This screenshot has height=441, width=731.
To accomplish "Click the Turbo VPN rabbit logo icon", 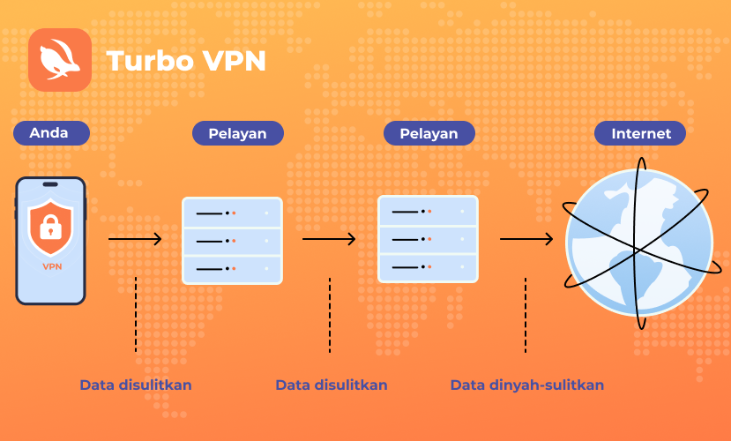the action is [x=60, y=60].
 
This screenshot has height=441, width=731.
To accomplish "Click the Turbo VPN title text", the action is [x=186, y=61].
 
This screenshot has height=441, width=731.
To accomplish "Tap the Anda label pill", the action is [x=51, y=133].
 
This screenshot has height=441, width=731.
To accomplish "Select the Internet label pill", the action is [x=640, y=133].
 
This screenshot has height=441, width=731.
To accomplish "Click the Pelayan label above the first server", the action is [x=238, y=133].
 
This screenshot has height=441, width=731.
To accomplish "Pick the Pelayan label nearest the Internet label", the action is [x=429, y=133].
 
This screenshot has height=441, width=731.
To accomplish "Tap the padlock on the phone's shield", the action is [x=51, y=228].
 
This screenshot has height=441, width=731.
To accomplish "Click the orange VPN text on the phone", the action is [x=52, y=266].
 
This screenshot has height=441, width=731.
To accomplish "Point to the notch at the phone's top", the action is [x=50, y=184].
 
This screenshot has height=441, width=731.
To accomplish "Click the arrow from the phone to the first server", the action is [x=135, y=239].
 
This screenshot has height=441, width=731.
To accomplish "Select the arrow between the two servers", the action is [x=329, y=239].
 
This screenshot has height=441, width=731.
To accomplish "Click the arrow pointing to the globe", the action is [x=526, y=239].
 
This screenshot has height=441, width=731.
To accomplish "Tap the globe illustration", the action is [x=639, y=243].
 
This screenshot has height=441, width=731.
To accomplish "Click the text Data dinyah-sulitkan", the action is [x=527, y=385].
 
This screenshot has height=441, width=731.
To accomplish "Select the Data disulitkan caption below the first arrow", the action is [x=136, y=385].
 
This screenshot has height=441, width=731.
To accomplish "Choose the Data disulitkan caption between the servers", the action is [x=332, y=385].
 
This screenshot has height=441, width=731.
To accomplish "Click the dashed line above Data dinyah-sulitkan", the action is [x=526, y=315].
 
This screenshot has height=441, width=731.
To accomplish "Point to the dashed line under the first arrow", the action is [x=136, y=315].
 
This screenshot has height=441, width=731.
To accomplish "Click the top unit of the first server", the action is [x=232, y=213].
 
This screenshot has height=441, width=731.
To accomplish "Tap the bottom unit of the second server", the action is [x=428, y=267].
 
